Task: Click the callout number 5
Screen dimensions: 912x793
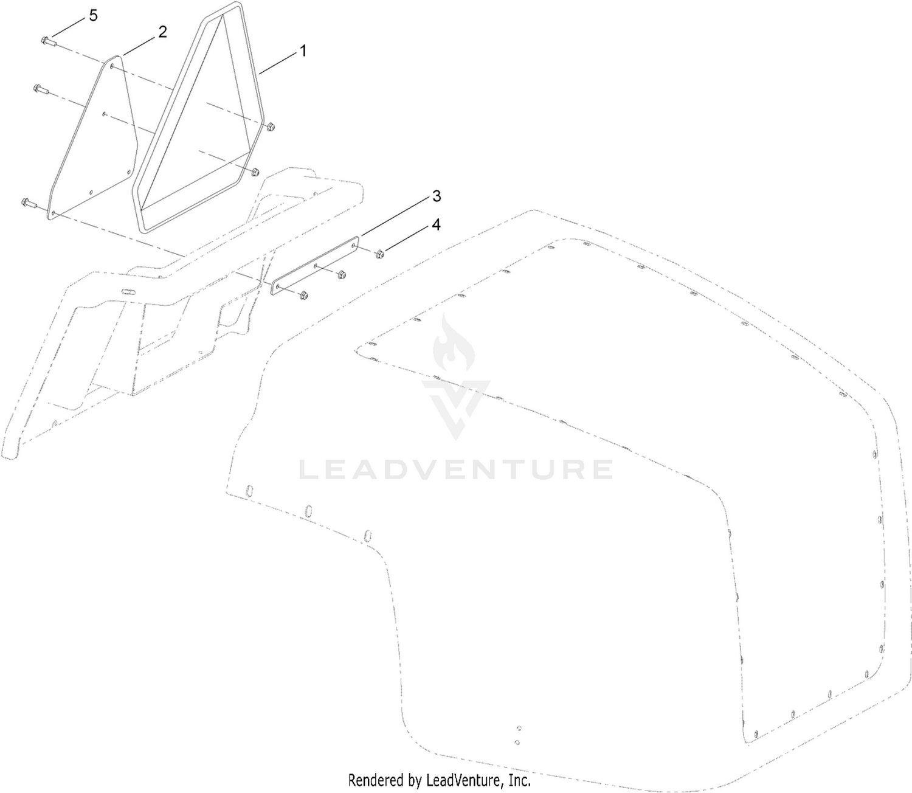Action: coord(92,16)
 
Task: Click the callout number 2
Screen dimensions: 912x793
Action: coord(163,32)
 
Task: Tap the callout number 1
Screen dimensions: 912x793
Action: coord(303,51)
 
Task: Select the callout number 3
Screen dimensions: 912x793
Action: coord(437,196)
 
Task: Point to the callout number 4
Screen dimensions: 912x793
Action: coord(437,224)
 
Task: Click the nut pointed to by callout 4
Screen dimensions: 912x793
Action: coord(379,254)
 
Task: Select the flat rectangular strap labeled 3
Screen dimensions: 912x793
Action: coord(315,266)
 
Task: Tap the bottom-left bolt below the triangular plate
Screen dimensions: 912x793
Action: coord(29,203)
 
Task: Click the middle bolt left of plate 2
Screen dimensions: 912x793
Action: coord(41,89)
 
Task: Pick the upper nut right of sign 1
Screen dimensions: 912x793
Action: coord(270,127)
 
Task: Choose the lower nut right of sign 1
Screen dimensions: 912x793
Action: coord(255,172)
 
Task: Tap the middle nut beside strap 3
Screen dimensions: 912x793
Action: coord(342,274)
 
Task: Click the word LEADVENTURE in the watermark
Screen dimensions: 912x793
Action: coord(455,469)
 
